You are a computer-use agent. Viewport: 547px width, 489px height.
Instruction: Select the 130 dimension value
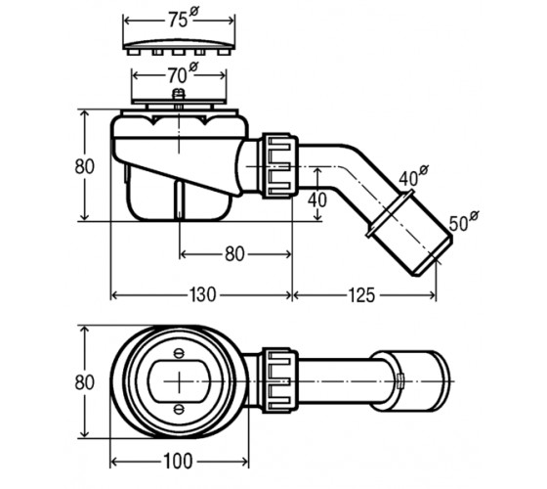(202, 294)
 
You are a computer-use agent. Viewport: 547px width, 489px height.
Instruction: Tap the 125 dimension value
(361, 295)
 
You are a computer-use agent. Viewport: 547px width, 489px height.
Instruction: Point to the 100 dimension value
(178, 461)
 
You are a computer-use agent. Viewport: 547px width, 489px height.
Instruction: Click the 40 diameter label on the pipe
(413, 176)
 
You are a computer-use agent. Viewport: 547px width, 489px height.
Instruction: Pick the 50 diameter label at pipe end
(464, 221)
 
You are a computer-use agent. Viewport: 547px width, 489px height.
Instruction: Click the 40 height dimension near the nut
(317, 200)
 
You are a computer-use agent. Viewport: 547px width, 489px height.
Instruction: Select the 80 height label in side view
(84, 166)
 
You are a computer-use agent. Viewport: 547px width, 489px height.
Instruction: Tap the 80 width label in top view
(84, 382)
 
